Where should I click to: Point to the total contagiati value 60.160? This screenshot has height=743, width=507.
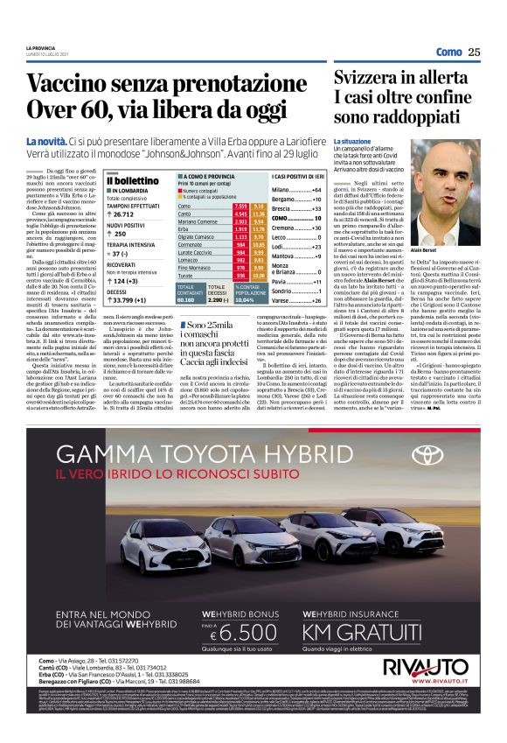[x=184, y=299]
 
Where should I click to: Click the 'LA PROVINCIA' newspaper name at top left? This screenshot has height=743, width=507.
[x=41, y=48]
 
